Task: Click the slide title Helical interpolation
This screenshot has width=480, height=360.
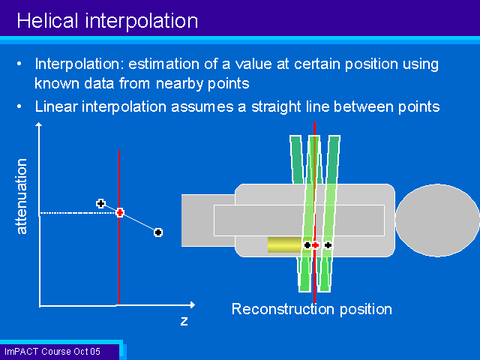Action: (x=107, y=21)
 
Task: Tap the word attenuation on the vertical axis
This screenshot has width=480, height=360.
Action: (x=22, y=196)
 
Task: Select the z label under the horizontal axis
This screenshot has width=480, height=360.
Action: (x=184, y=321)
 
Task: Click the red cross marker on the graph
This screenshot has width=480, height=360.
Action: (x=120, y=212)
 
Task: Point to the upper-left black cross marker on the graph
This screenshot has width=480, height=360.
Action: (x=100, y=203)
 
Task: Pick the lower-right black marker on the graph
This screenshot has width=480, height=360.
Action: (x=158, y=232)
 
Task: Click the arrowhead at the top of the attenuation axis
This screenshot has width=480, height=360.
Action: (x=38, y=124)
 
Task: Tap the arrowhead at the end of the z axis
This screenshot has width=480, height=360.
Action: (x=192, y=304)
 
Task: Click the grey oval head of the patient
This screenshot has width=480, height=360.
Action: (x=437, y=220)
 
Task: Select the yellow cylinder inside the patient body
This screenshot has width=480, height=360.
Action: (x=285, y=245)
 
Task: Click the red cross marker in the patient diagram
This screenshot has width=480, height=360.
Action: (x=315, y=245)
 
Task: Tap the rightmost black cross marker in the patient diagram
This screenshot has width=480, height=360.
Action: (x=328, y=245)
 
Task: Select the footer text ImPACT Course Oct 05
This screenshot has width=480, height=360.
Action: (x=52, y=352)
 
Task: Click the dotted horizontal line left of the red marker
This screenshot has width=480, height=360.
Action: (x=78, y=212)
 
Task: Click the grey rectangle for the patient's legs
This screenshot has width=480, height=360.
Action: (x=208, y=220)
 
